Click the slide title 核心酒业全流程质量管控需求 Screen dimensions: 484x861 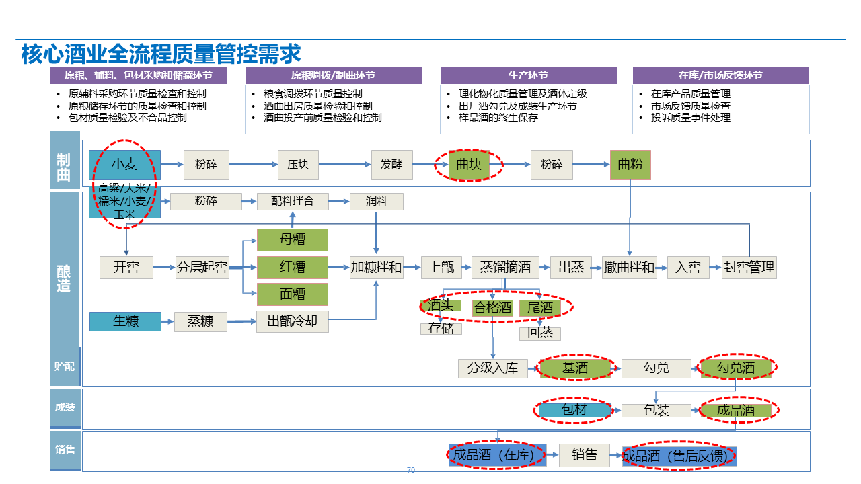pos(161,54)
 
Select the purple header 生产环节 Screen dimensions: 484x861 pos(528,75)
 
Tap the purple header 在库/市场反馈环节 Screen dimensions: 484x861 pos(720,75)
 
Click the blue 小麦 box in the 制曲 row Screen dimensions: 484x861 pos(124,164)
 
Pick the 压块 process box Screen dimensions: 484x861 pos(298,165)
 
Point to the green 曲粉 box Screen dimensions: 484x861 pos(630,165)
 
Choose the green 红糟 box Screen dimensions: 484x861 pos(293,268)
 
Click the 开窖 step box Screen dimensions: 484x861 pos(126,268)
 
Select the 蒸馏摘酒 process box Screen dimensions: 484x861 pos(505,268)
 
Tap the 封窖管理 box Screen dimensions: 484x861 pos(749,268)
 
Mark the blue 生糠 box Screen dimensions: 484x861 pos(126,321)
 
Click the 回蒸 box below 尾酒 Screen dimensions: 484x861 pos(539,333)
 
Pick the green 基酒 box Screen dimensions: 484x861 pos(575,368)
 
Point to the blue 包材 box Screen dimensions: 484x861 pos(574,410)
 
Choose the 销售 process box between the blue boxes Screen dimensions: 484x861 pos(584,456)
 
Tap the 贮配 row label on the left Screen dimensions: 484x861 pos(65,366)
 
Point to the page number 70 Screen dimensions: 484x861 pos(411,470)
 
